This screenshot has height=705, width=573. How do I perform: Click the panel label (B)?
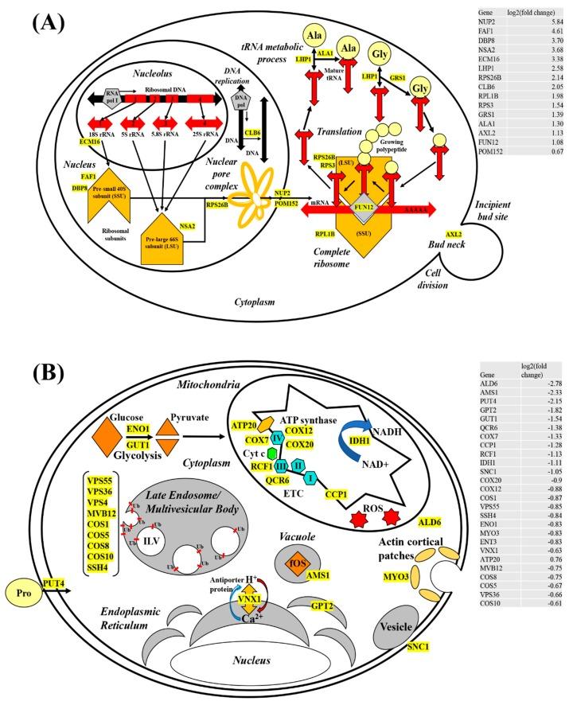[34, 376]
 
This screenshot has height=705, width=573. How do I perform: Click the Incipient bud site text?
[456, 198]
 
